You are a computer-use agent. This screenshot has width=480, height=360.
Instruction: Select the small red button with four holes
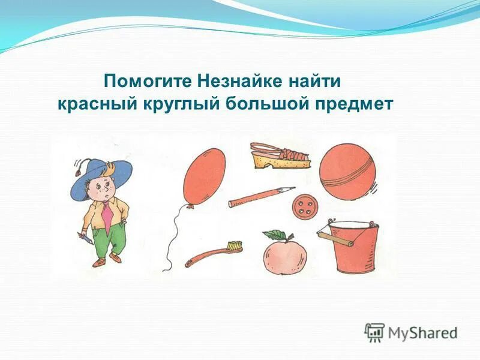[303, 209]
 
